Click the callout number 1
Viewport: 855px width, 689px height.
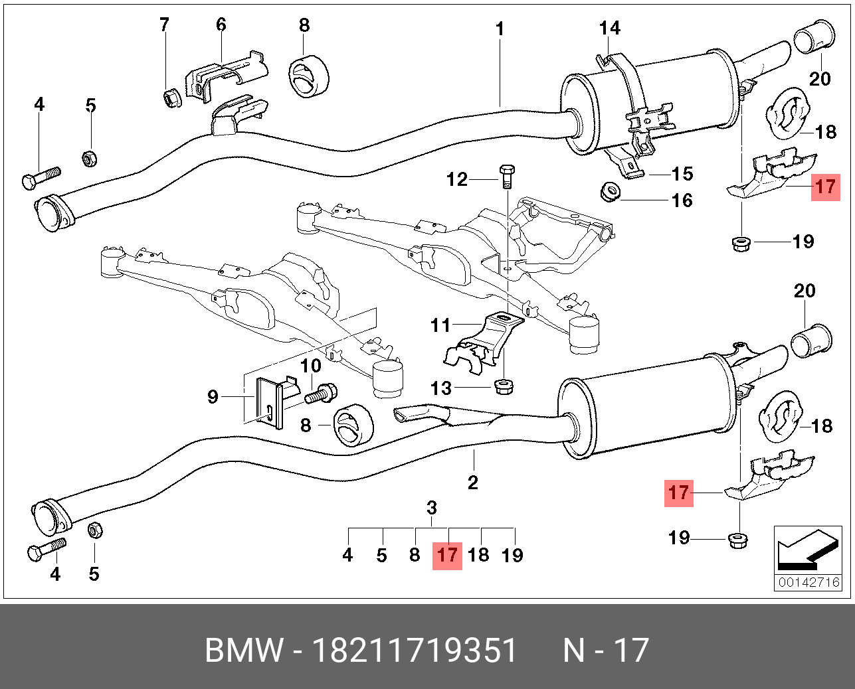coord(500,29)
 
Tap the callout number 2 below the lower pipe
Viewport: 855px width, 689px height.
coord(473,483)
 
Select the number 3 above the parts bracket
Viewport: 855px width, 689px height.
coord(432,508)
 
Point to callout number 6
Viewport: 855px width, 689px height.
coord(221,25)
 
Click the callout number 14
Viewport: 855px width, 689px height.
coord(610,28)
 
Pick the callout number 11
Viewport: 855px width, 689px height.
coord(440,325)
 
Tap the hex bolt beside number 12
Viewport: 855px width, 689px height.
coord(506,177)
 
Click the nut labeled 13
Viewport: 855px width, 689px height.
coord(504,386)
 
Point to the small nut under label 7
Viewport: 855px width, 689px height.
coord(173,98)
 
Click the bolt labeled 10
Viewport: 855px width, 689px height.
coord(321,393)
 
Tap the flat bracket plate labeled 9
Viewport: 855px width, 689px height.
coord(269,402)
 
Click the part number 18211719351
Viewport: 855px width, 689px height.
coord(415,651)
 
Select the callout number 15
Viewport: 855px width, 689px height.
coord(682,174)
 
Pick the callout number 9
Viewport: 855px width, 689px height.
coord(213,397)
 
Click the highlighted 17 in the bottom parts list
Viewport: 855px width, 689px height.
coord(447,556)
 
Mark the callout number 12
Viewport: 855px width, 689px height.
coord(457,179)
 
